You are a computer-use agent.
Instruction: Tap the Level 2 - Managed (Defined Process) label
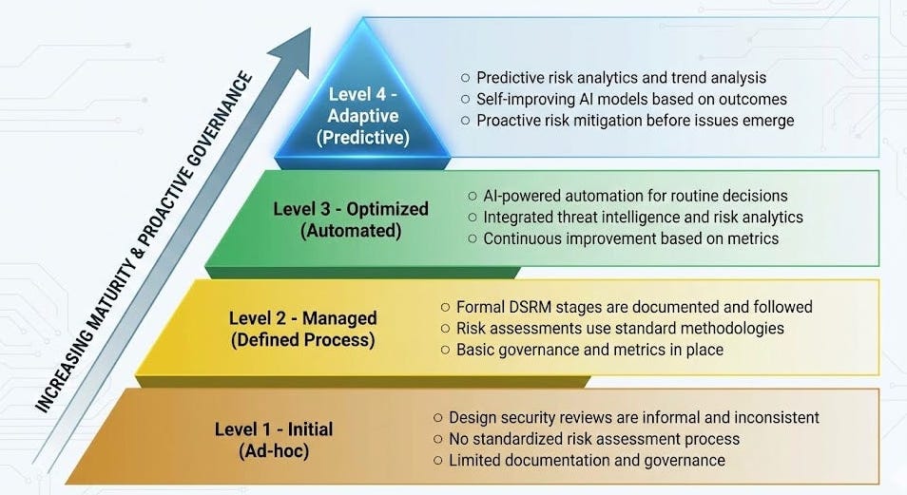[303, 328]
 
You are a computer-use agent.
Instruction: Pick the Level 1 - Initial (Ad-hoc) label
[274, 438]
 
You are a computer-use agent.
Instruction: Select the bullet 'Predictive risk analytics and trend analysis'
[621, 78]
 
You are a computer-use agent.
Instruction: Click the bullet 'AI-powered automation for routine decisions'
[635, 196]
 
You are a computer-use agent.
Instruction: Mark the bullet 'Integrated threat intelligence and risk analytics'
[643, 218]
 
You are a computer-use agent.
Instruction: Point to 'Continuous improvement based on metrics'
[630, 238]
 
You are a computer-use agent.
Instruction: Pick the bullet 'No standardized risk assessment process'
[593, 439]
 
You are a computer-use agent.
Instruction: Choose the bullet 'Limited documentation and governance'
[587, 461]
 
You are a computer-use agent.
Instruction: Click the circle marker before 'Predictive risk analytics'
[465, 78]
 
